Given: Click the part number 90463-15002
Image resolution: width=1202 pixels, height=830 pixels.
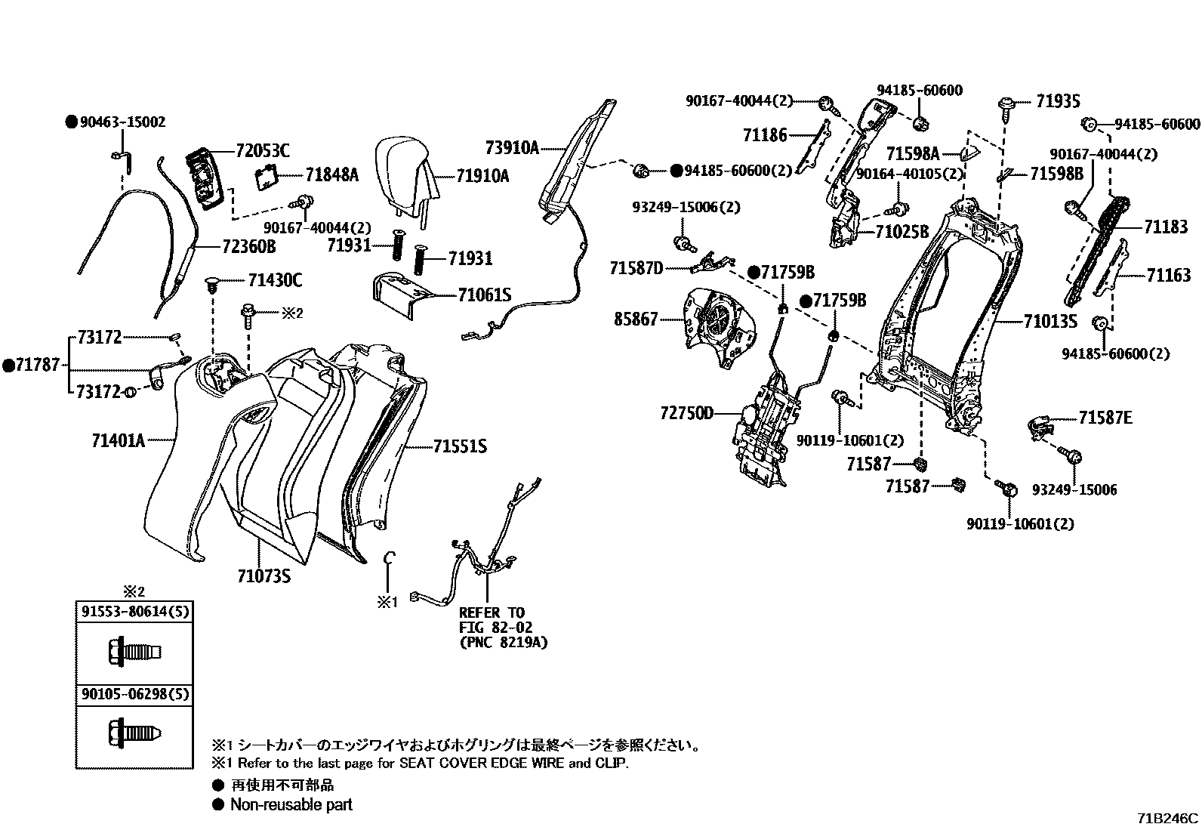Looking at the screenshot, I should pos(122,122).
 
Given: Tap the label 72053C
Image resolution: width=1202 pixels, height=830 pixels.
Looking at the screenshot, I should pos(261,151).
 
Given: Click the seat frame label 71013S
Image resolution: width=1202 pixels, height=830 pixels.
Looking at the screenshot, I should pos(1049,322).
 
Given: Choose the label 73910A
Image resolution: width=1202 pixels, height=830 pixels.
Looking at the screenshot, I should pos(511,148).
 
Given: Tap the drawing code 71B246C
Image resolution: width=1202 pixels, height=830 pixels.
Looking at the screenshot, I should pos(1168,819).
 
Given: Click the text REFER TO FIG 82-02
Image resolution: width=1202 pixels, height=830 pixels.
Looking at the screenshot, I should pos(492,619).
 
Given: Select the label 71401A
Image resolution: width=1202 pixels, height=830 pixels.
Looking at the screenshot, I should pos(118,440).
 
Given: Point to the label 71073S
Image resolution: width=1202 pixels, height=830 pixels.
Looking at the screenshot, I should pos(264,577).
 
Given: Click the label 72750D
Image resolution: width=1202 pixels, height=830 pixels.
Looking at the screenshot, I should pos(686,413).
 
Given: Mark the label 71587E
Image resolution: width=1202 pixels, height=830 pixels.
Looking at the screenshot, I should pos(1105,418).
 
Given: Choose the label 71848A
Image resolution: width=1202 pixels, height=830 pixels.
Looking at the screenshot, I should pos(331,175).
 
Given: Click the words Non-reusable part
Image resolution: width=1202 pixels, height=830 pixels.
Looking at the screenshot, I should pos(291,805).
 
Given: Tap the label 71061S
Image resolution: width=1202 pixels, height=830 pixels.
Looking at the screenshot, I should pos(484,295).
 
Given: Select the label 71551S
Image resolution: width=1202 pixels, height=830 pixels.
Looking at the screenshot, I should pos(459,446).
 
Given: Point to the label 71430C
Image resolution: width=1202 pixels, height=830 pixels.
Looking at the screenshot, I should pos(275,281).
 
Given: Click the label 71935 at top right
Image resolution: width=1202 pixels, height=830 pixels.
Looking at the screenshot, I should pos(1058,101).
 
